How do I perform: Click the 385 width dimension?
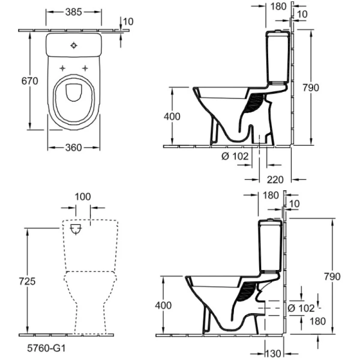(x=74, y=11)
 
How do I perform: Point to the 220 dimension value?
(x=275, y=178)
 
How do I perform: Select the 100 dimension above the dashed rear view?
(x=83, y=197)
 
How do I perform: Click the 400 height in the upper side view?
(x=172, y=116)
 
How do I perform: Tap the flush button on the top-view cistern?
(x=74, y=44)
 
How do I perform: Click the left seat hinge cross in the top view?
(x=62, y=67)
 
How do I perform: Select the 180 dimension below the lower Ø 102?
(x=317, y=321)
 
